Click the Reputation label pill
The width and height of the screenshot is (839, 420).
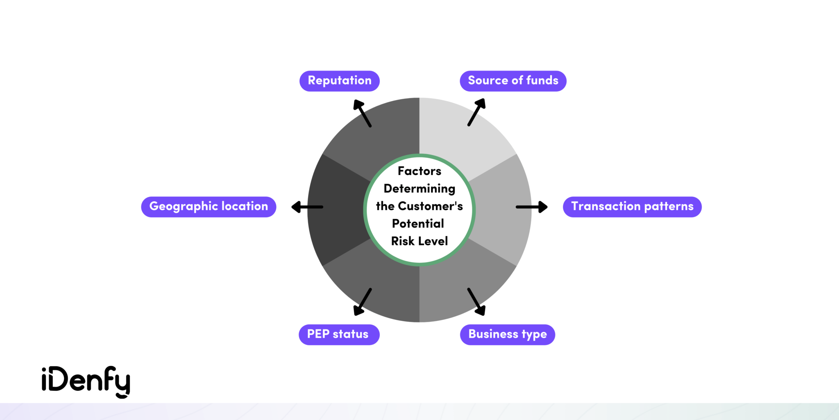point(339,81)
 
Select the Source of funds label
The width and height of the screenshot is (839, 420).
point(513,81)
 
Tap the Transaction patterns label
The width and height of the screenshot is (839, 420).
point(632,206)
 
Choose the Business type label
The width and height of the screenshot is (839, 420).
point(507,334)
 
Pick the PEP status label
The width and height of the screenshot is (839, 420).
point(339,334)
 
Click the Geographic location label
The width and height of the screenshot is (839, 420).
point(209,206)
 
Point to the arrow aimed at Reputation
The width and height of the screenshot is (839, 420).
point(362,113)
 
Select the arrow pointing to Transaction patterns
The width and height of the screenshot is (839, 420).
point(531,207)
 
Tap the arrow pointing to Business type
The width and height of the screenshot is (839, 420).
point(476,301)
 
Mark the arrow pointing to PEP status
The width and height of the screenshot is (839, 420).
point(363,301)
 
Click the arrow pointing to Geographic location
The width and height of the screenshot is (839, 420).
point(307,207)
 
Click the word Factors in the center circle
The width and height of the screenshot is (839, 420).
point(419,171)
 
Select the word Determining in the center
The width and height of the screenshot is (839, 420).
point(419,189)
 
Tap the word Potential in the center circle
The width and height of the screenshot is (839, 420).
point(418,224)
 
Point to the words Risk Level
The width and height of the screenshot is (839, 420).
point(419,241)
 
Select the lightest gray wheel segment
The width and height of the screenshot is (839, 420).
point(459,131)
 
